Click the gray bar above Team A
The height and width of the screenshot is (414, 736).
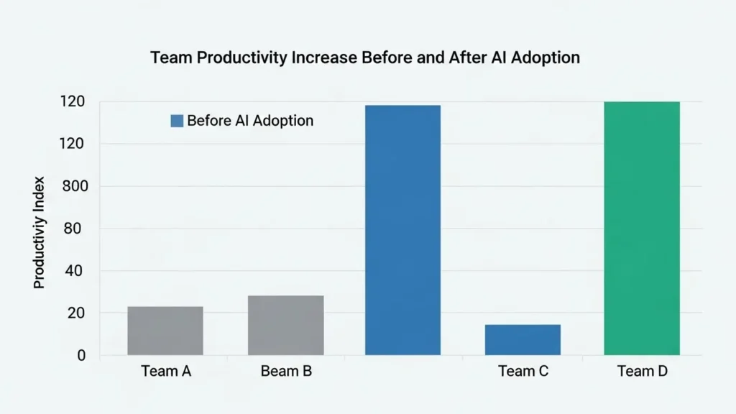[x=165, y=331]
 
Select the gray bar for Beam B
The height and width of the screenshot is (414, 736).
[x=285, y=325]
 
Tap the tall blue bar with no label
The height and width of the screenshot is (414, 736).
[x=402, y=230]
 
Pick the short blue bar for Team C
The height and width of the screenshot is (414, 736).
[x=523, y=340]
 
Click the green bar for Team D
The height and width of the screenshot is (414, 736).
[x=641, y=229]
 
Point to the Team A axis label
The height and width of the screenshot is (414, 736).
[x=166, y=372]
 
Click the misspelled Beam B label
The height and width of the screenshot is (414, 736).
[x=286, y=372]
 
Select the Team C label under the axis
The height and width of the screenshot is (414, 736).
[x=523, y=372]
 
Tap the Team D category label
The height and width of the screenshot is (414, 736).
[x=641, y=372]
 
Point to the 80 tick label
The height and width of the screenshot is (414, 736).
[x=78, y=229]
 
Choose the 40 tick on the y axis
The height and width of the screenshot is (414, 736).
[x=78, y=271]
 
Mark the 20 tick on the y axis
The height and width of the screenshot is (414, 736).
[x=78, y=313]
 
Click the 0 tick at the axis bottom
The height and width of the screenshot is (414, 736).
[x=81, y=355]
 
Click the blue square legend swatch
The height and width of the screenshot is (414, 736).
[x=177, y=121]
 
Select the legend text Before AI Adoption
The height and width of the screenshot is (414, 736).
[x=250, y=121]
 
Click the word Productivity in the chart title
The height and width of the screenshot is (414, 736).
[x=245, y=58]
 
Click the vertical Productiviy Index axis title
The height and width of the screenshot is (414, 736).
[x=40, y=232]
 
